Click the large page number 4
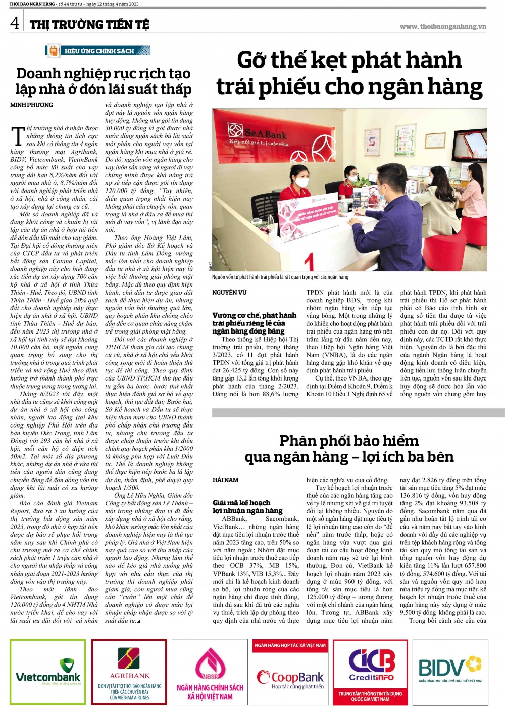tap(15, 23)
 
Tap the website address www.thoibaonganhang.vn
tap(443, 26)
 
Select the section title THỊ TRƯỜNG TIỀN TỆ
tap(89, 24)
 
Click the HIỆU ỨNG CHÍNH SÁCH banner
tap(98, 51)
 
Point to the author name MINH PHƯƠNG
tap(31, 105)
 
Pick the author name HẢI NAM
tap(225, 480)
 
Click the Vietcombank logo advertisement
tap(48, 673)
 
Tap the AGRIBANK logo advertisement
tap(130, 672)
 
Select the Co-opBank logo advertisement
tap(290, 677)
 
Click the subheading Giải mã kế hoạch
tap(241, 503)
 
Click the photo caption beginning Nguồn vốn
tap(280, 277)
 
